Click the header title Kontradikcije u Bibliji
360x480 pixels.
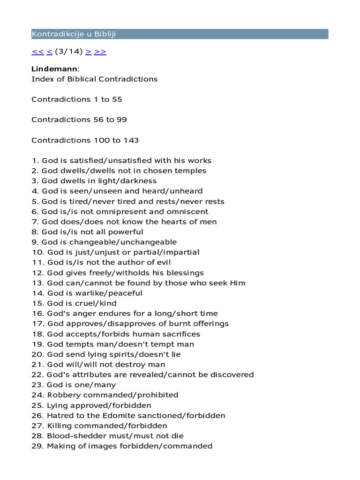pyautogui.click(x=74, y=34)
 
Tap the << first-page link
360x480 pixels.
pyautogui.click(x=37, y=52)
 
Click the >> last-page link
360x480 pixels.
pyautogui.click(x=100, y=52)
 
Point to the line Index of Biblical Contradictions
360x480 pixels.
pyautogui.click(x=94, y=79)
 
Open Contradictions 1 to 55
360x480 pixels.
pyautogui.click(x=77, y=99)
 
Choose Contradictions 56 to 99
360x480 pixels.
pyautogui.click(x=79, y=120)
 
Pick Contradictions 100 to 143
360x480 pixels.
pyautogui.click(x=85, y=140)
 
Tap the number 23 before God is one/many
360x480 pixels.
pyautogui.click(x=37, y=385)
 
